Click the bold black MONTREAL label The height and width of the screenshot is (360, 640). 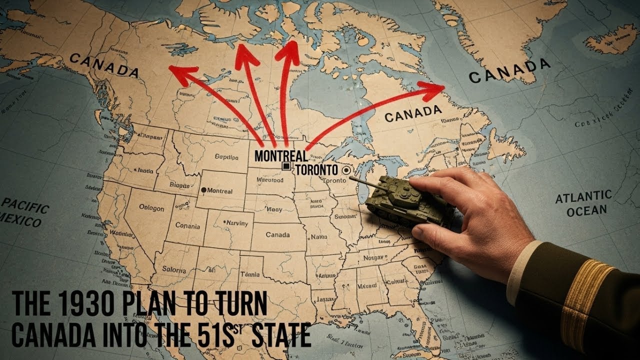click(281, 155)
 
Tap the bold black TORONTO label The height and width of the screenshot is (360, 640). click(316, 170)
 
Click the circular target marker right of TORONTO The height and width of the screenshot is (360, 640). click(344, 170)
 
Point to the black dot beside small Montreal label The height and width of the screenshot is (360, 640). click(203, 190)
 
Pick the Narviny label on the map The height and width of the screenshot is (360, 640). click(236, 223)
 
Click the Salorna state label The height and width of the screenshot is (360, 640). click(174, 269)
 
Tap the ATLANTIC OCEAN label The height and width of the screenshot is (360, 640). click(583, 203)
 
